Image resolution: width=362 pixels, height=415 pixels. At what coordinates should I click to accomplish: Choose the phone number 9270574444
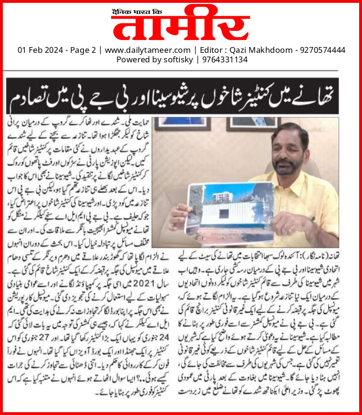click(x=321, y=50)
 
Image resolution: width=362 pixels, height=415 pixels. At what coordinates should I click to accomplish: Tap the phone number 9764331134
click(x=223, y=59)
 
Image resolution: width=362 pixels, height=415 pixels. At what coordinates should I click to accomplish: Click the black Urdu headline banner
click(x=181, y=96)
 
